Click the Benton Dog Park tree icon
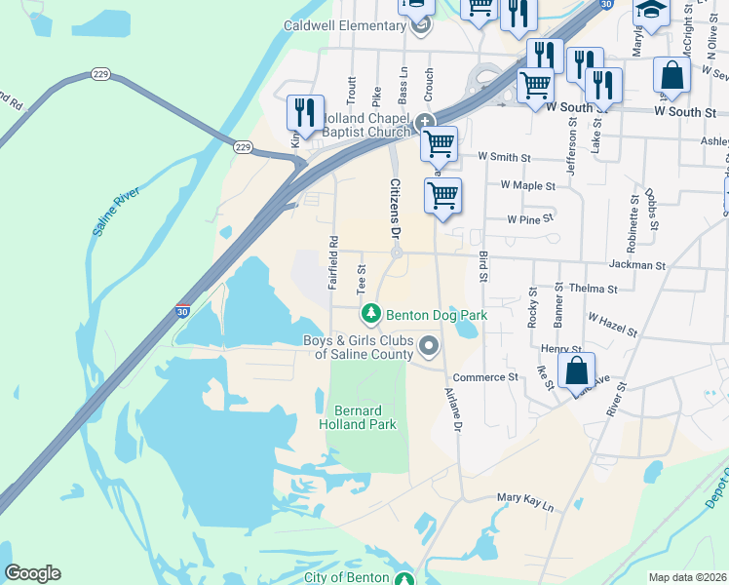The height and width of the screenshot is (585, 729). point(370,314)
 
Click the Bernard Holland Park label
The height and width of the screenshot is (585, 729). point(358,417)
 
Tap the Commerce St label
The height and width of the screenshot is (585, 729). point(485,376)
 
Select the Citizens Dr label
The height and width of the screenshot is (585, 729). point(396,207)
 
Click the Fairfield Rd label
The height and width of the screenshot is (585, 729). point(333,263)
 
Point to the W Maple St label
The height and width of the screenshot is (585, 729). point(527,185)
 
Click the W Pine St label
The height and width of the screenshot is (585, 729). point(530,219)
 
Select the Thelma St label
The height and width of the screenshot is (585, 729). point(594,289)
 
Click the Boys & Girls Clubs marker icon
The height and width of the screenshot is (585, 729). point(428,346)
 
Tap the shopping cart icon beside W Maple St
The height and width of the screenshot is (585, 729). point(442,195)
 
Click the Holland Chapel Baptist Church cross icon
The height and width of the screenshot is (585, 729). point(424,123)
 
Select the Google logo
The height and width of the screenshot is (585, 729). point(33,573)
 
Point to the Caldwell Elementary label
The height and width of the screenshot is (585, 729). point(346,25)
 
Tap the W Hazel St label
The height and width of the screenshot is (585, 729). point(612,325)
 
